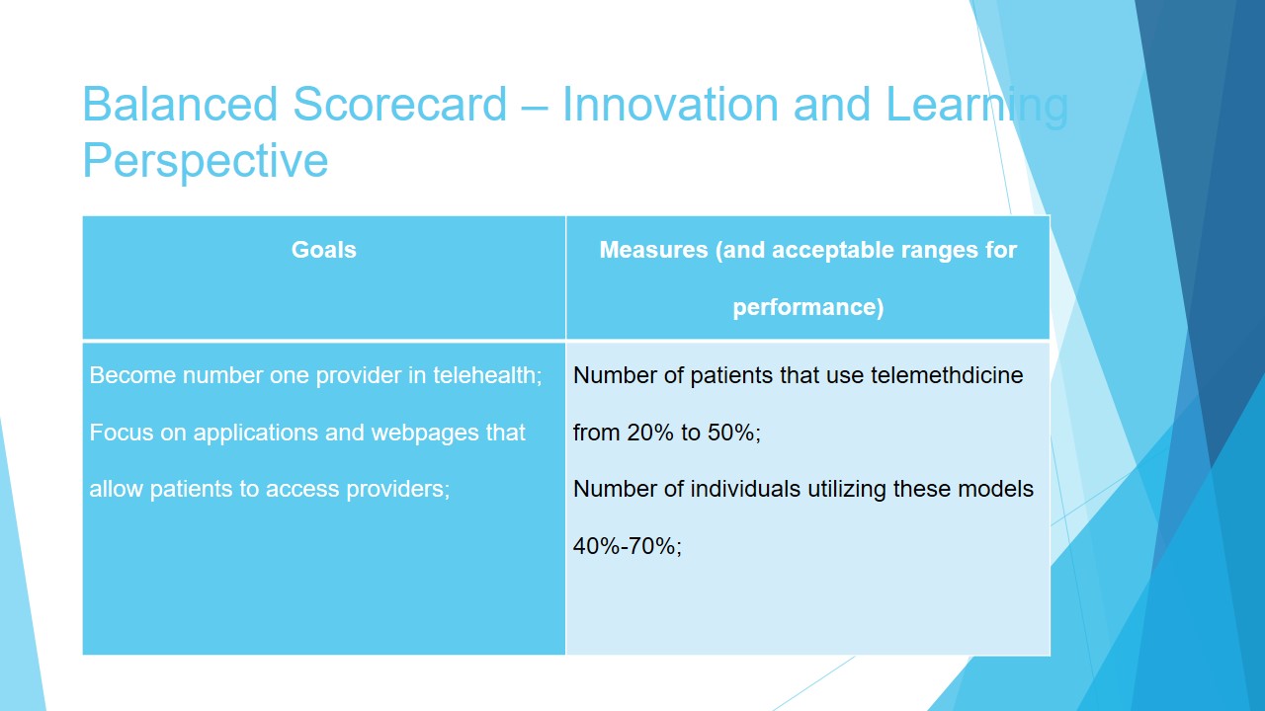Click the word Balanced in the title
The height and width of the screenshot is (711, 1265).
pos(180,105)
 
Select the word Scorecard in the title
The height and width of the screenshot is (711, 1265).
pos(400,105)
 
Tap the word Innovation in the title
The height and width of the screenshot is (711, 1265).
pos(670,105)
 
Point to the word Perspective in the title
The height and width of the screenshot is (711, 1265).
pos(205,162)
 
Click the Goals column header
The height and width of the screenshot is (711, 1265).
pos(323,250)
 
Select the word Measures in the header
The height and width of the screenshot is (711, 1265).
pos(653,250)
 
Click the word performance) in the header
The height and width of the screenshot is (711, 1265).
pos(808,307)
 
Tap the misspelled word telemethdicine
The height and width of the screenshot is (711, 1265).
pos(947,375)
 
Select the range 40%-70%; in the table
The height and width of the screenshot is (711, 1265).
pos(628,546)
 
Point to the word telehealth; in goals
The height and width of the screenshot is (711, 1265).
pos(487,375)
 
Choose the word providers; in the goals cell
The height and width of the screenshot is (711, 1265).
pos(397,489)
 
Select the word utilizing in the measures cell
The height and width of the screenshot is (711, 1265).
pos(847,490)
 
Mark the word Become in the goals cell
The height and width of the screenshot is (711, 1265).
pos(132,375)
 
